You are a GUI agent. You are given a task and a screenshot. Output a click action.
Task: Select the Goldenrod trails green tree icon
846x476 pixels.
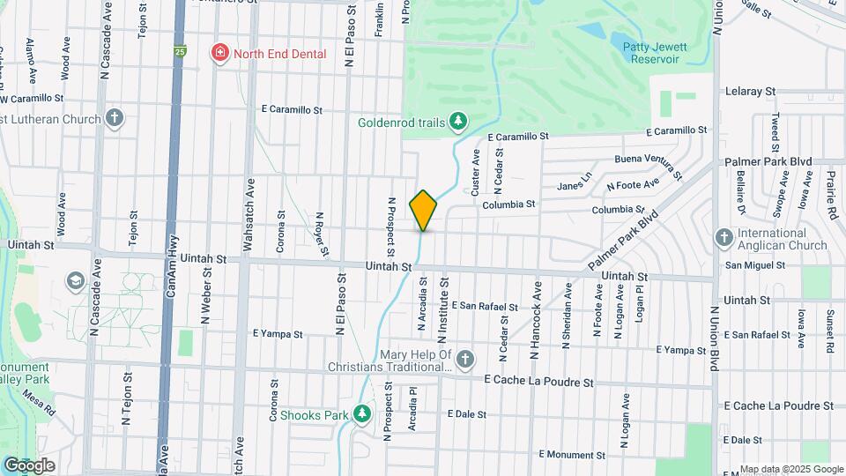(457, 121)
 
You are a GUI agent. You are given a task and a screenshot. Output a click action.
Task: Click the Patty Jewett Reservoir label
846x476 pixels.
(650, 53)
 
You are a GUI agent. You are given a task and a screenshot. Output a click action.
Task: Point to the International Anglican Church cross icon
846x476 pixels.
(724, 237)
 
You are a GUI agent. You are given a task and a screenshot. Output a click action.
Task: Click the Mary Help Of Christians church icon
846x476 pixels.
(465, 359)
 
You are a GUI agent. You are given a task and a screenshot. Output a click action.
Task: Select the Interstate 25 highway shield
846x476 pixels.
(180, 52)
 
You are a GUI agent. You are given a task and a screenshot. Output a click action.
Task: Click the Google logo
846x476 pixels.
(29, 465)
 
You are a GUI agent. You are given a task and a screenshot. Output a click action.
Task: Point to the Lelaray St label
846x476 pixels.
(749, 91)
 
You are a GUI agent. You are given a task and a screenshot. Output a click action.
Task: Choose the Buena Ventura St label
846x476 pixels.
(649, 164)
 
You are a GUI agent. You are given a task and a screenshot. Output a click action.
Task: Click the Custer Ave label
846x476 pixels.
(477, 173)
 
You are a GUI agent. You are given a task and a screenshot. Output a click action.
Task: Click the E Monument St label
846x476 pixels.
(571, 455)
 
